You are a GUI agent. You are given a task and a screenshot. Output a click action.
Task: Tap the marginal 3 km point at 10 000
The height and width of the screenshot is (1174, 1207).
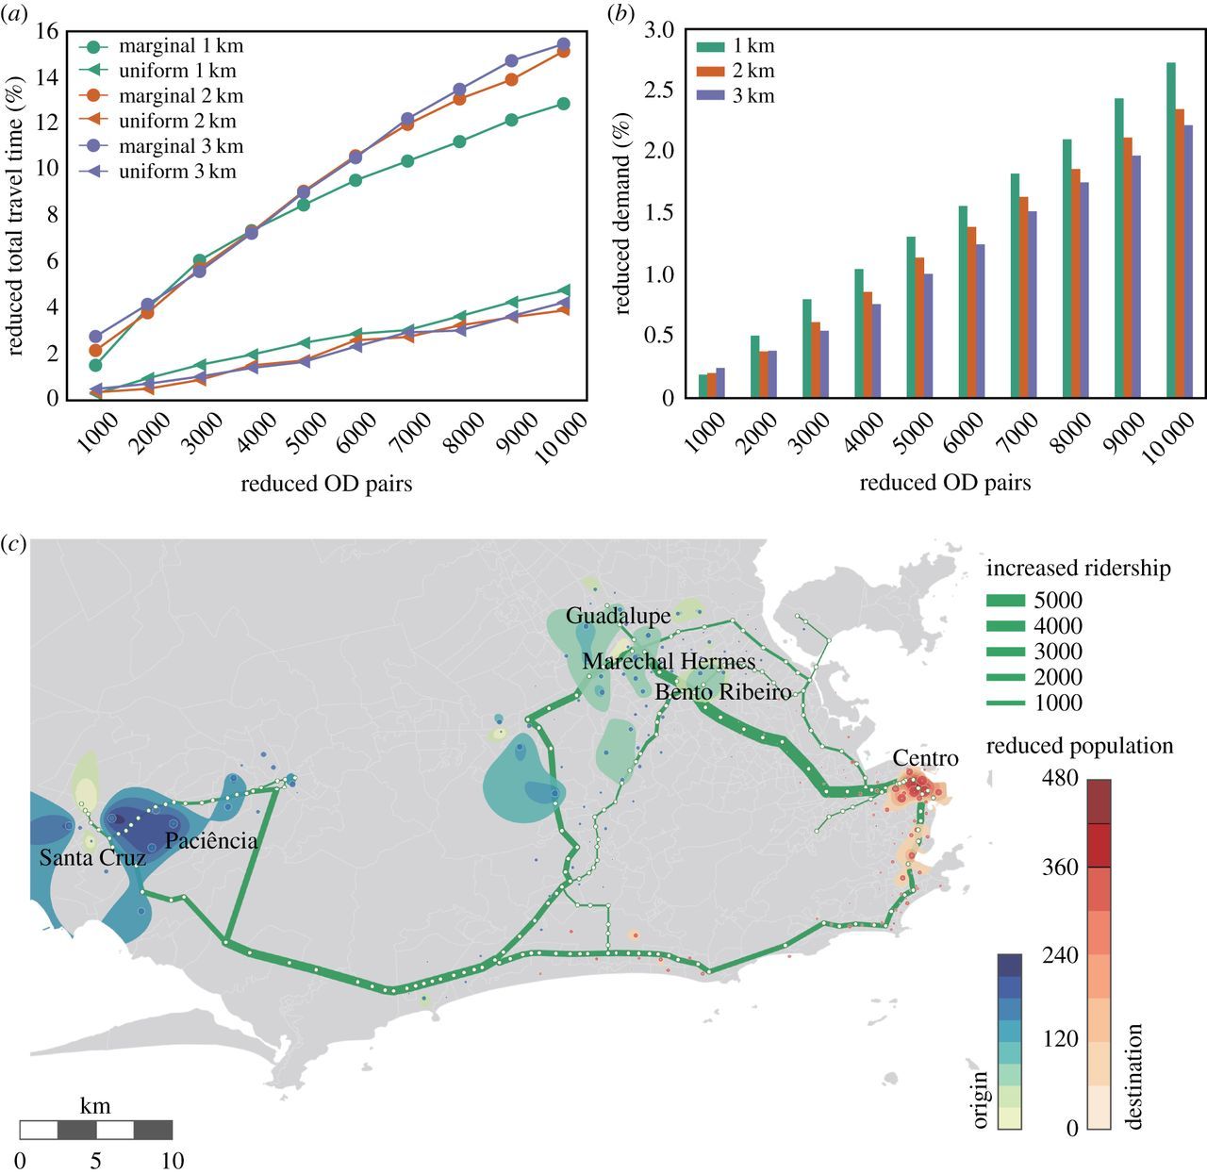click(x=563, y=44)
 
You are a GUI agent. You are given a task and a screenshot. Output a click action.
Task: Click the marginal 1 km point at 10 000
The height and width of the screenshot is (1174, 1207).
click(x=563, y=104)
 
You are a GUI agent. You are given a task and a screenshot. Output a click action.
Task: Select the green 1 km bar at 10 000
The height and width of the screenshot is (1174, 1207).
click(x=1171, y=230)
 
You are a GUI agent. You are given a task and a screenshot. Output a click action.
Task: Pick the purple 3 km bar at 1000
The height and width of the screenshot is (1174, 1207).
click(x=720, y=383)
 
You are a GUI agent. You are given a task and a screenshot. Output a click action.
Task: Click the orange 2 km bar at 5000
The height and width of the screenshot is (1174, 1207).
click(x=919, y=327)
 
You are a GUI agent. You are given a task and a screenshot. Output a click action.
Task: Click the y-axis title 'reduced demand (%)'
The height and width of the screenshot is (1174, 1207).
click(x=622, y=214)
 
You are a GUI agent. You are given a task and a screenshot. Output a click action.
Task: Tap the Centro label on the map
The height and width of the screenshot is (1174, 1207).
click(x=925, y=758)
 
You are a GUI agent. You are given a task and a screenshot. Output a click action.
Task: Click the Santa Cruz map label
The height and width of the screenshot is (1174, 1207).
click(x=92, y=858)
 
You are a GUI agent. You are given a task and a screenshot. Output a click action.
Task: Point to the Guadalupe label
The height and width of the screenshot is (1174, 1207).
click(x=619, y=616)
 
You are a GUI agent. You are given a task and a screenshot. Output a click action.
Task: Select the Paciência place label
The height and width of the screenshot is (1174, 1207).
click(x=211, y=840)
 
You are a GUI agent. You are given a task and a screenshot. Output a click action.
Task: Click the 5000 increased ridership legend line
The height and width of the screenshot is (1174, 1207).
click(x=1009, y=601)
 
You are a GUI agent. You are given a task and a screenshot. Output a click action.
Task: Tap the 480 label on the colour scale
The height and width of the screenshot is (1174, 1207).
click(x=1061, y=781)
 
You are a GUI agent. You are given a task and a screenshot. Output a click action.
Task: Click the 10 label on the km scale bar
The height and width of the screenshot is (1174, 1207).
click(x=173, y=1160)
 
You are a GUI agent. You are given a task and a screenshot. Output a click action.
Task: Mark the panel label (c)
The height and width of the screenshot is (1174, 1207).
click(x=14, y=544)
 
